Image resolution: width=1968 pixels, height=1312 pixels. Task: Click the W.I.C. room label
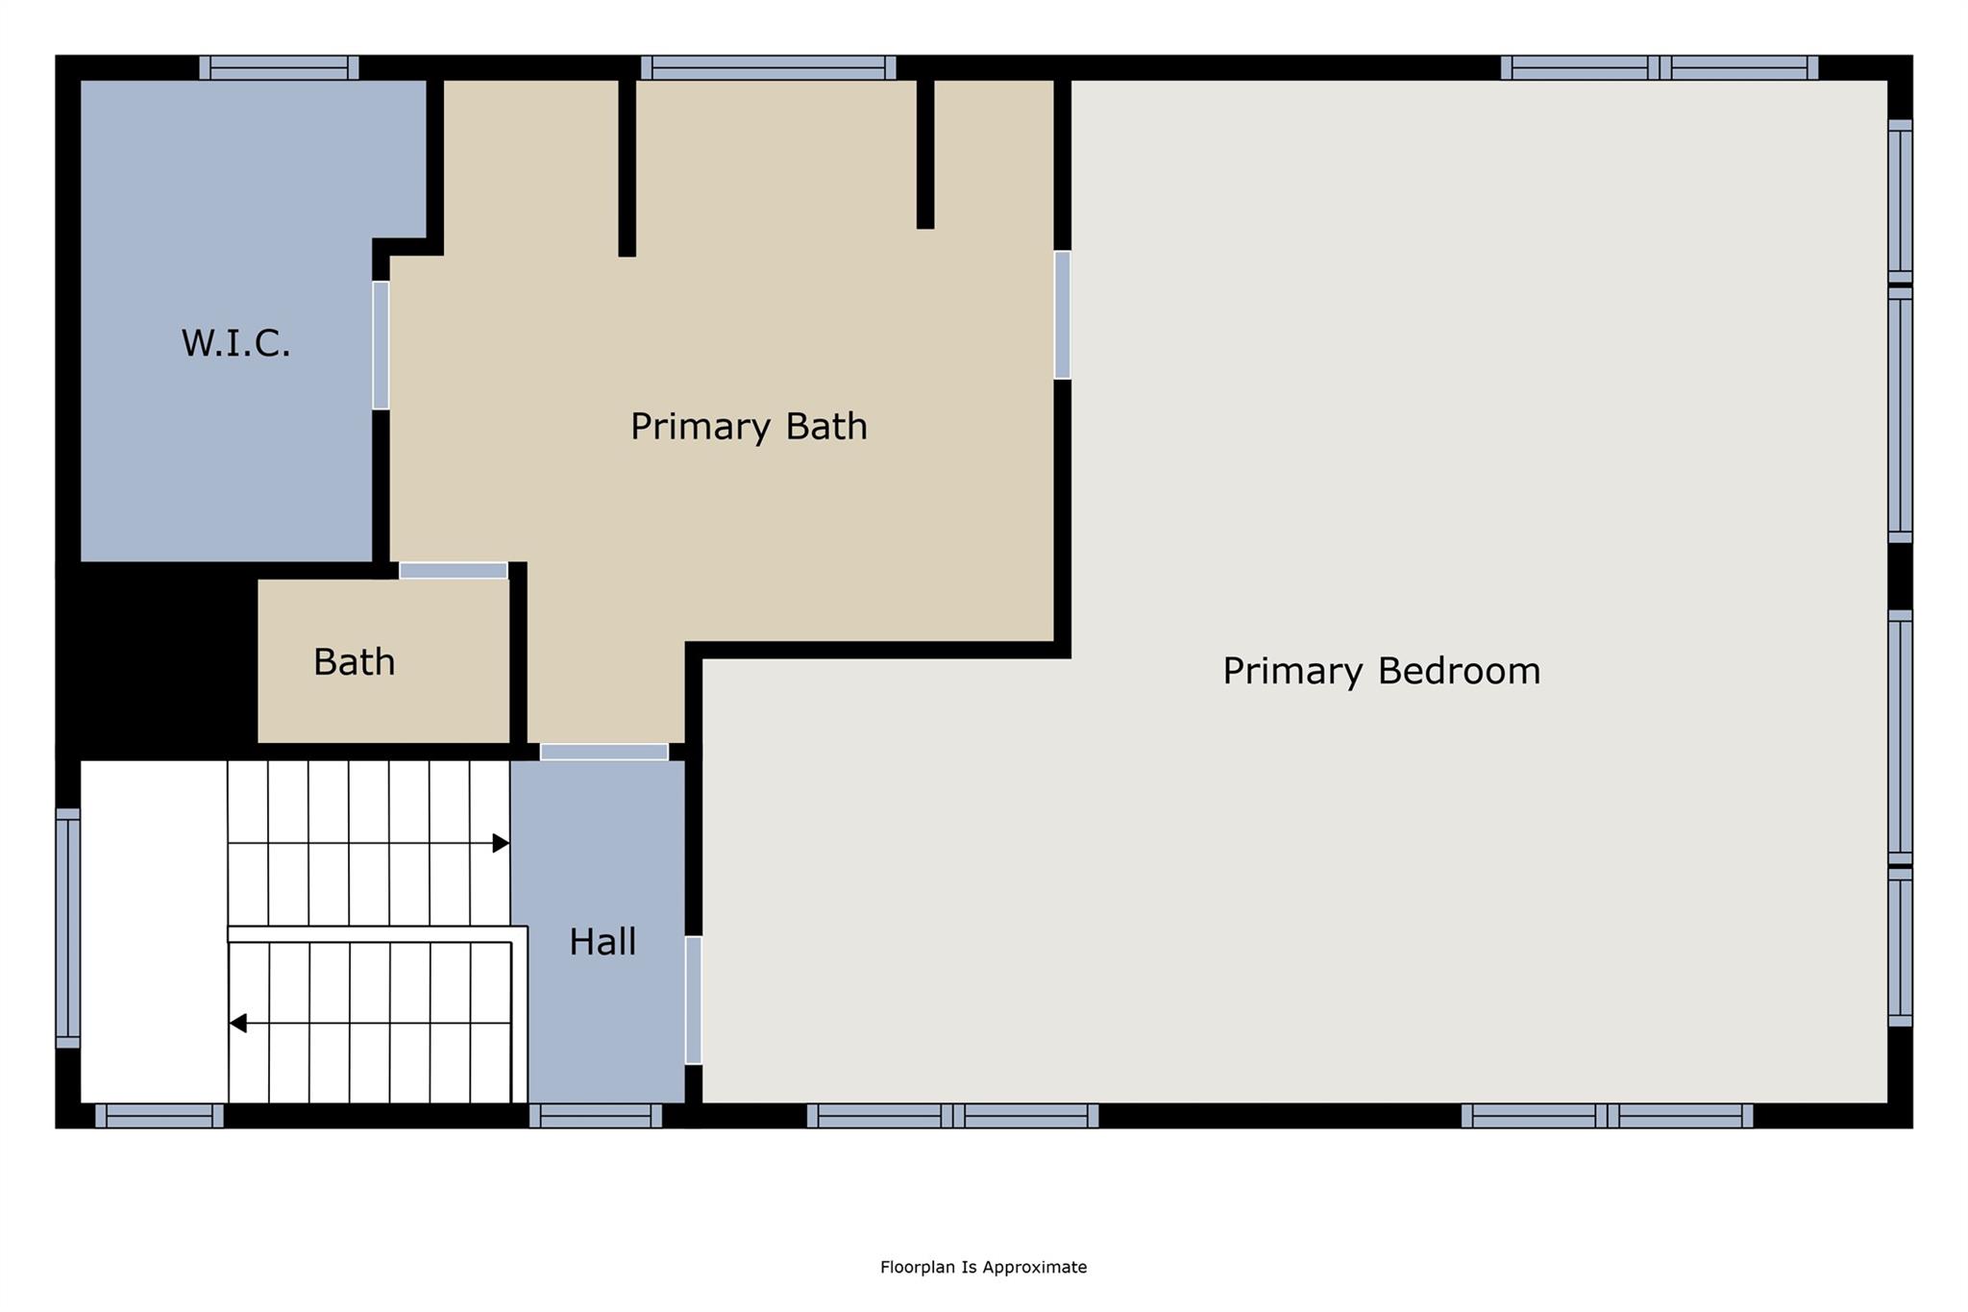[x=235, y=343]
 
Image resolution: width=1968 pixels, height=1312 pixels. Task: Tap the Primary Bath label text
[x=749, y=426]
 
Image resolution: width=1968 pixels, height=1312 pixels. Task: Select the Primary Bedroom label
[x=1381, y=671]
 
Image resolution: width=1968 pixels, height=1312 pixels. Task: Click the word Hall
[x=603, y=942]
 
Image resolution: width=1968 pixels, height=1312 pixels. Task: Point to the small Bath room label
[x=354, y=662]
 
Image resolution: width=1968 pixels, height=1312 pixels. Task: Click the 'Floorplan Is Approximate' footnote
[x=983, y=1267]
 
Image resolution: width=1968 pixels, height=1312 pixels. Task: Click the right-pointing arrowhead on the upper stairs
[x=501, y=843]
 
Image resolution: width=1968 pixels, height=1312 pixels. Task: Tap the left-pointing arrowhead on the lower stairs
[x=237, y=1024]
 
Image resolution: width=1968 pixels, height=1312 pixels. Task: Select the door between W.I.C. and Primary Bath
[x=381, y=345]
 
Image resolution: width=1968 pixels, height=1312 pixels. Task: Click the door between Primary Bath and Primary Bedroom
[x=1062, y=315]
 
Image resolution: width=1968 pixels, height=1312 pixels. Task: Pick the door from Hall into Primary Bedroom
[x=693, y=1000]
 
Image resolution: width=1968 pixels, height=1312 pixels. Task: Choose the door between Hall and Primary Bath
[x=603, y=752]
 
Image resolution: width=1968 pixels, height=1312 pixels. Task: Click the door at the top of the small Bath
[x=454, y=571]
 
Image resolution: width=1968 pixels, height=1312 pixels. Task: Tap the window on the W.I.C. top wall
[x=279, y=67]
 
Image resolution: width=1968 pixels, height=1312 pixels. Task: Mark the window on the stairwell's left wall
[x=67, y=928]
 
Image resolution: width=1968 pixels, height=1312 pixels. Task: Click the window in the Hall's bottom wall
[x=595, y=1116]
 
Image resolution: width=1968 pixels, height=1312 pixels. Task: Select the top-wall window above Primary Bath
[x=768, y=67]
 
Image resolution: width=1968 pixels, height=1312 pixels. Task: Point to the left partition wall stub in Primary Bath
[x=627, y=168]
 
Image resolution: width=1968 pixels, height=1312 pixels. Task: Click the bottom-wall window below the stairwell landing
[x=159, y=1116]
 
